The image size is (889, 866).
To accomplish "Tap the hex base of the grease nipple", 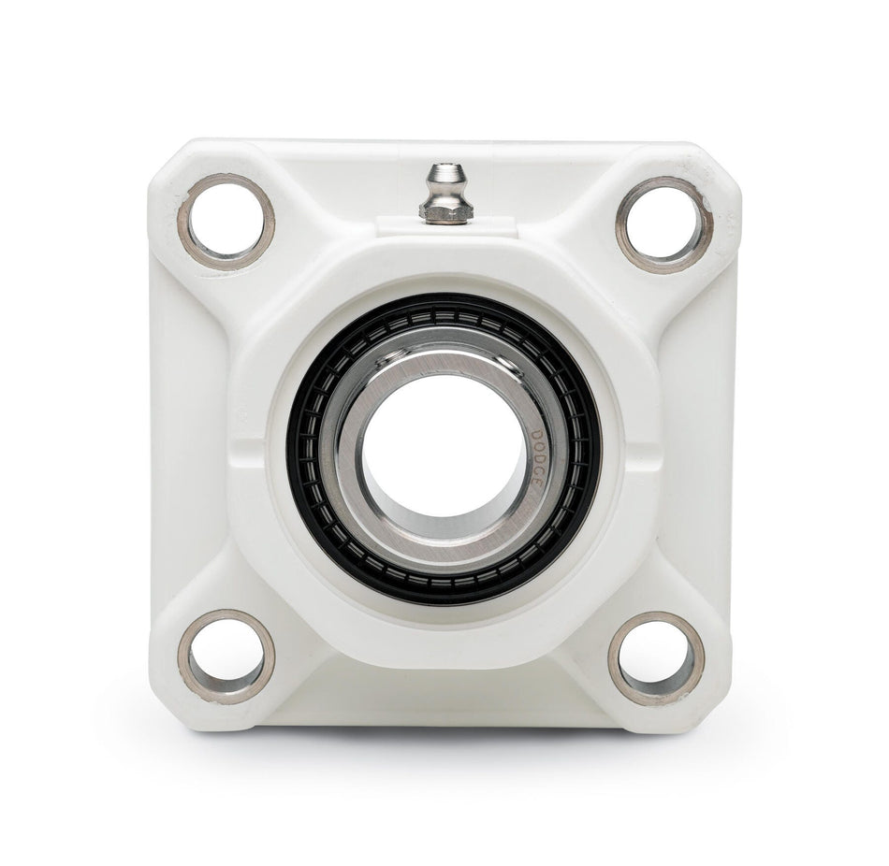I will coord(444,212).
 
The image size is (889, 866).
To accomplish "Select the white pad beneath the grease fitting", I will coord(444,226).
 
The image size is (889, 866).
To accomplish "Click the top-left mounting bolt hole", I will coord(226,221).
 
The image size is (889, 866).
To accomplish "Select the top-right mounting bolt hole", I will coord(663,224).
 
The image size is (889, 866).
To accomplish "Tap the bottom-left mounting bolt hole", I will coord(226,656).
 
